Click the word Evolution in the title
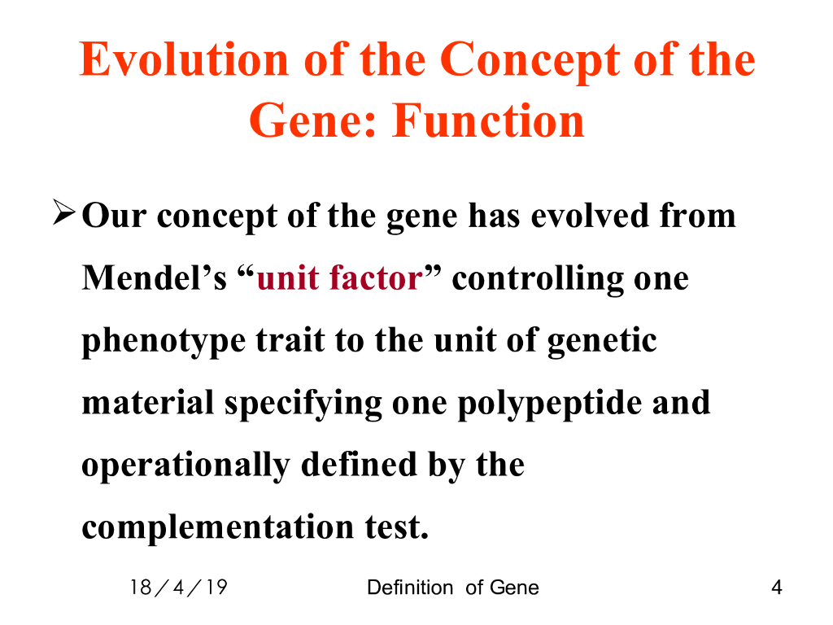[x=184, y=59]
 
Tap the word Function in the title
[x=488, y=120]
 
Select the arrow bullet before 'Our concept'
[x=63, y=212]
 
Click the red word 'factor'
[x=376, y=278]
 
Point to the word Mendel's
[x=154, y=278]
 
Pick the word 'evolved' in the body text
[x=590, y=215]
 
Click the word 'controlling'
[x=538, y=278]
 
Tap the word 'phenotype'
[x=164, y=341]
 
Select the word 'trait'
[x=290, y=340]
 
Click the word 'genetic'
[x=602, y=341]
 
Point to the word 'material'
[x=148, y=402]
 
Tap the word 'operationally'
[x=186, y=465]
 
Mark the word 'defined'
[x=359, y=464]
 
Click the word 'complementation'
[x=218, y=527]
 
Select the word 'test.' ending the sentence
[x=397, y=527]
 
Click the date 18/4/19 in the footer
[x=179, y=588]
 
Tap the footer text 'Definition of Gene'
[x=453, y=588]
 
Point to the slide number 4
[x=777, y=588]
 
